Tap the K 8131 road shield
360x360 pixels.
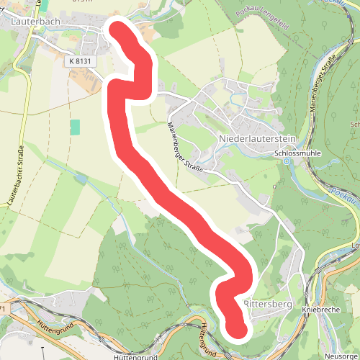(x=81, y=62)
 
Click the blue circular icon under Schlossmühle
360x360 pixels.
(x=287, y=161)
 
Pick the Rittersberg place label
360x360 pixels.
(x=268, y=304)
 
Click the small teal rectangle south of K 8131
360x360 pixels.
(x=75, y=126)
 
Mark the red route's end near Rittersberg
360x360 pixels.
(x=237, y=330)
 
